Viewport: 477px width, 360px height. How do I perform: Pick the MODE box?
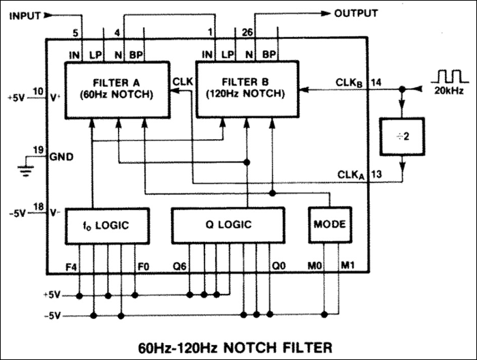pos(328,224)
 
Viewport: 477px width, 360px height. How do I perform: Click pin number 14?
pos(377,83)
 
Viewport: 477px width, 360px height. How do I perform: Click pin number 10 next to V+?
pos(37,91)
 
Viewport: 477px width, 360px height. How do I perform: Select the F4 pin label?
pos(72,263)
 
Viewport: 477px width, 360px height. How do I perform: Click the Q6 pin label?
pos(179,263)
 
